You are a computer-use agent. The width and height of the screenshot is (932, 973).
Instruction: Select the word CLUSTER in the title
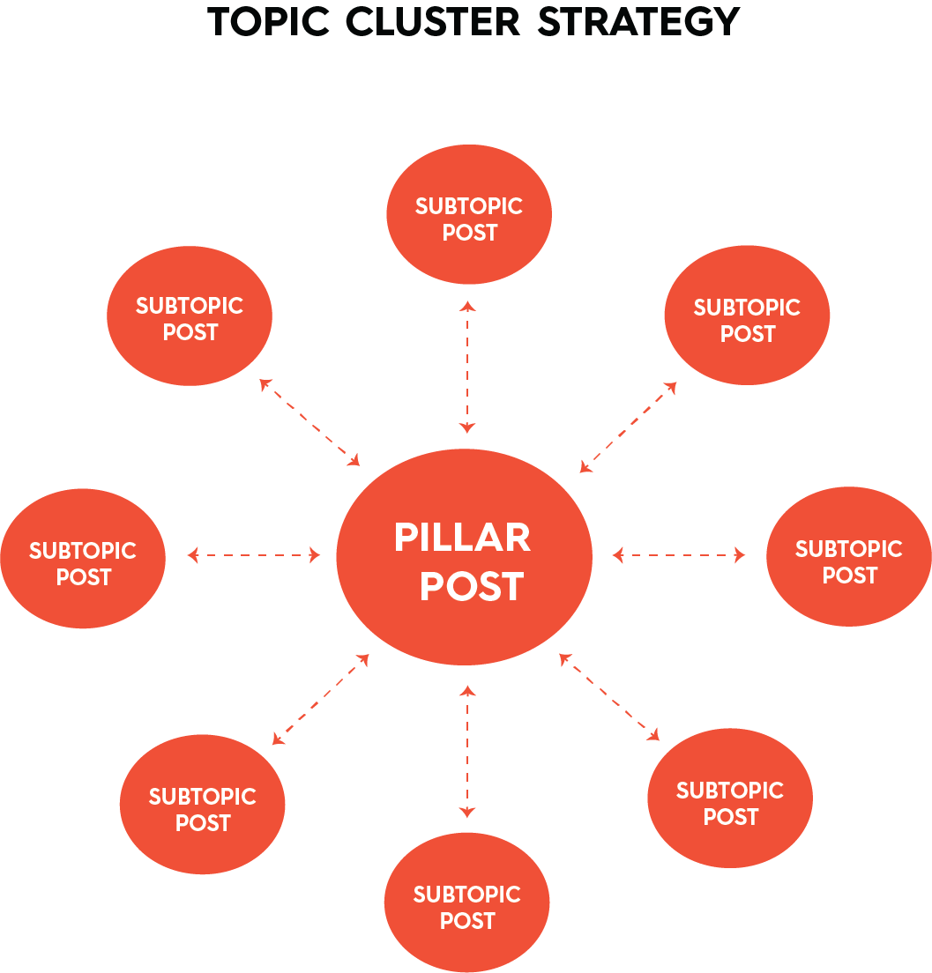(431, 22)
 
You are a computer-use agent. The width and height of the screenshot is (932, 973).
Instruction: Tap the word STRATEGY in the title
(638, 22)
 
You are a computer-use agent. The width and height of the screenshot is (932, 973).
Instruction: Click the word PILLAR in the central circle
(462, 538)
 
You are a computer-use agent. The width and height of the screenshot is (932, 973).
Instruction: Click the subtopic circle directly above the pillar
(469, 214)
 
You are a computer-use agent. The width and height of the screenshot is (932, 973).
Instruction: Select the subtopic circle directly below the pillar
(467, 902)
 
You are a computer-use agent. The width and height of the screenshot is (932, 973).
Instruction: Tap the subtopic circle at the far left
(83, 559)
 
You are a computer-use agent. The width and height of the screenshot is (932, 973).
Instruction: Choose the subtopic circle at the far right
(849, 557)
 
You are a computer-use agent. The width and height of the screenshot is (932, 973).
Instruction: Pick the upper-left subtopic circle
(190, 316)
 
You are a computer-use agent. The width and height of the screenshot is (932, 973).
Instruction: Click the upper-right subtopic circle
(747, 316)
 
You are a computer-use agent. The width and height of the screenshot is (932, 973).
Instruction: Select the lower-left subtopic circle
(203, 805)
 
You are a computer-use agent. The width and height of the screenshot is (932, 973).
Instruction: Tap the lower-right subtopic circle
(730, 798)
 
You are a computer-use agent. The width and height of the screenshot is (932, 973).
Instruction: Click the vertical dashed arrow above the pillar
(467, 367)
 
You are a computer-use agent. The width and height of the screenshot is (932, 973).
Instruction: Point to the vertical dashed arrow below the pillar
(467, 752)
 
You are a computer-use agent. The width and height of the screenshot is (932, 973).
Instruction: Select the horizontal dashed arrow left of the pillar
(254, 555)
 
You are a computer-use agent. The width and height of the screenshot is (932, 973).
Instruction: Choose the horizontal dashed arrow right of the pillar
(679, 555)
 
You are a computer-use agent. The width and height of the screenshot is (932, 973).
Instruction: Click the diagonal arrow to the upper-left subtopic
(310, 423)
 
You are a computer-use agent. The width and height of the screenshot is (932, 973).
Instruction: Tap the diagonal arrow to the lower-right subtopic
(609, 697)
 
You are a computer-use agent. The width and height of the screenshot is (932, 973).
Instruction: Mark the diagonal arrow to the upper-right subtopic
(628, 427)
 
